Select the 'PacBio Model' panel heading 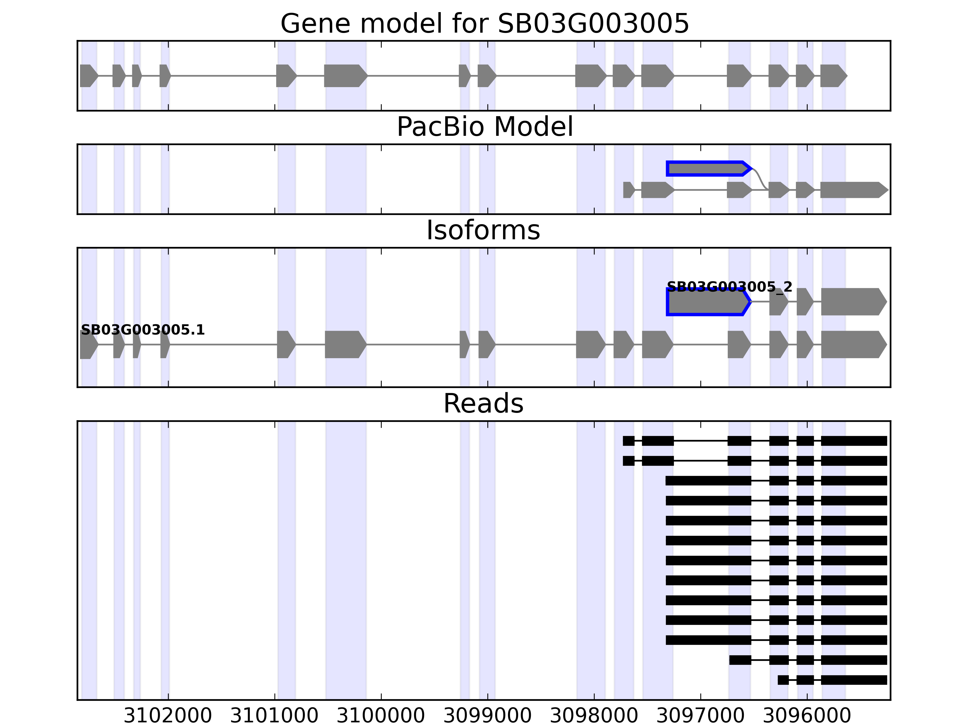coord(484,127)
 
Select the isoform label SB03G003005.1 coord(143,330)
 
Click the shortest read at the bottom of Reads coord(832,680)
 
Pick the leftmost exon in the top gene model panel coord(88,76)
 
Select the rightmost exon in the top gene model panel coord(833,76)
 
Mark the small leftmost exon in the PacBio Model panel coord(628,190)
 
